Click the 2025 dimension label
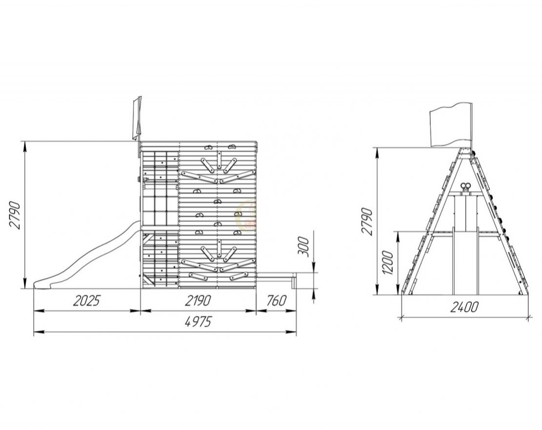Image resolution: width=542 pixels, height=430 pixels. pyautogui.click(x=86, y=301)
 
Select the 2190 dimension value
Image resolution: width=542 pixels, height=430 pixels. pyautogui.click(x=198, y=301)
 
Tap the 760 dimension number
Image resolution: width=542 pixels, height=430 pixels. pyautogui.click(x=277, y=301)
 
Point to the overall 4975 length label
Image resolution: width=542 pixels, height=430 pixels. pyautogui.click(x=198, y=322)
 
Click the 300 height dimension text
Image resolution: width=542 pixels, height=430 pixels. pyautogui.click(x=303, y=246)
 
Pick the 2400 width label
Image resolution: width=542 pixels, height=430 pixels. pyautogui.click(x=464, y=307)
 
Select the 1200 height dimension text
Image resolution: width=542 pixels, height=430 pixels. pyautogui.click(x=388, y=263)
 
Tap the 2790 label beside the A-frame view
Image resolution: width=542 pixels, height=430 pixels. pyautogui.click(x=367, y=221)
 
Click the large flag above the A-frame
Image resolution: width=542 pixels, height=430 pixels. pyautogui.click(x=451, y=125)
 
